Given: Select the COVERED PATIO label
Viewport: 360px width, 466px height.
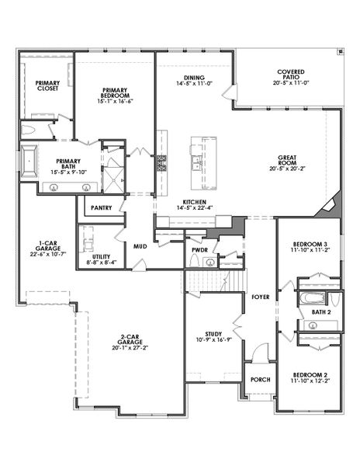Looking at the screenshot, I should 290,76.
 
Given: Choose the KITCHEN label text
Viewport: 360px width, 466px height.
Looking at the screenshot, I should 195,200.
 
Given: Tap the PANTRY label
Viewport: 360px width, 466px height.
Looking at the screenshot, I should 102,207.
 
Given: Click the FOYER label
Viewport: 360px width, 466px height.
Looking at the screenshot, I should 260,297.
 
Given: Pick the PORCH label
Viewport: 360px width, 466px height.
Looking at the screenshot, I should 260,380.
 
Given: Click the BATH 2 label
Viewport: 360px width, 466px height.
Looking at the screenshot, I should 320,311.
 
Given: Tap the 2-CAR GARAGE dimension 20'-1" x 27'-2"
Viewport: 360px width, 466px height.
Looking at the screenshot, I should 130,349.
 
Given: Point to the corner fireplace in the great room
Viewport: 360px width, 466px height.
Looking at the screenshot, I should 331,205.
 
